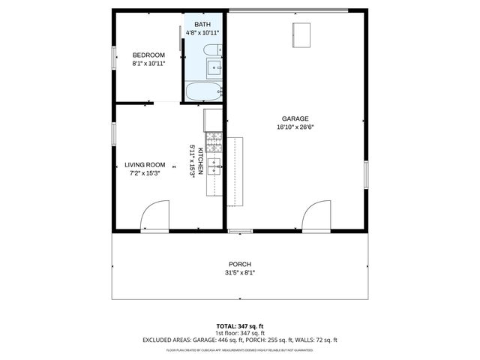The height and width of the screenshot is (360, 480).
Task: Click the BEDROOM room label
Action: point(148,55)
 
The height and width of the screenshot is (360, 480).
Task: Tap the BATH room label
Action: point(202,24)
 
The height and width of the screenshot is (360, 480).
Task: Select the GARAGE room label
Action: point(295,118)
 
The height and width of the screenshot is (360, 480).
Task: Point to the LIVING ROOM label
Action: point(145,164)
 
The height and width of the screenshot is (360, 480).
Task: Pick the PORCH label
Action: point(240,264)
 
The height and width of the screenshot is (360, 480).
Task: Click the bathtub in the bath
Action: point(203,92)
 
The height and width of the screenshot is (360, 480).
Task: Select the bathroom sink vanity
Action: point(215,69)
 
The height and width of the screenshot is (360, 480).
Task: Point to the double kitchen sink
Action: point(214,166)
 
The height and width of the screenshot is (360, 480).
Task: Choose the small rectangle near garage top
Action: point(301,34)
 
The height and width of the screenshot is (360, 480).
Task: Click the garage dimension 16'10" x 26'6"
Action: point(295,127)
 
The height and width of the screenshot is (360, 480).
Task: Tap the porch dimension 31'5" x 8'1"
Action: point(240,273)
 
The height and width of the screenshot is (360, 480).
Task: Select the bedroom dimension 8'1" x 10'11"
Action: point(148,64)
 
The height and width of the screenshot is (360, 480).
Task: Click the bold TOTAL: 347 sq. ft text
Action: point(240,326)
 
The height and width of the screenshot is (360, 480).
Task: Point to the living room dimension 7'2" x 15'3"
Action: point(145,173)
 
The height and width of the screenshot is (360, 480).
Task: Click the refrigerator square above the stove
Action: point(214,118)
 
